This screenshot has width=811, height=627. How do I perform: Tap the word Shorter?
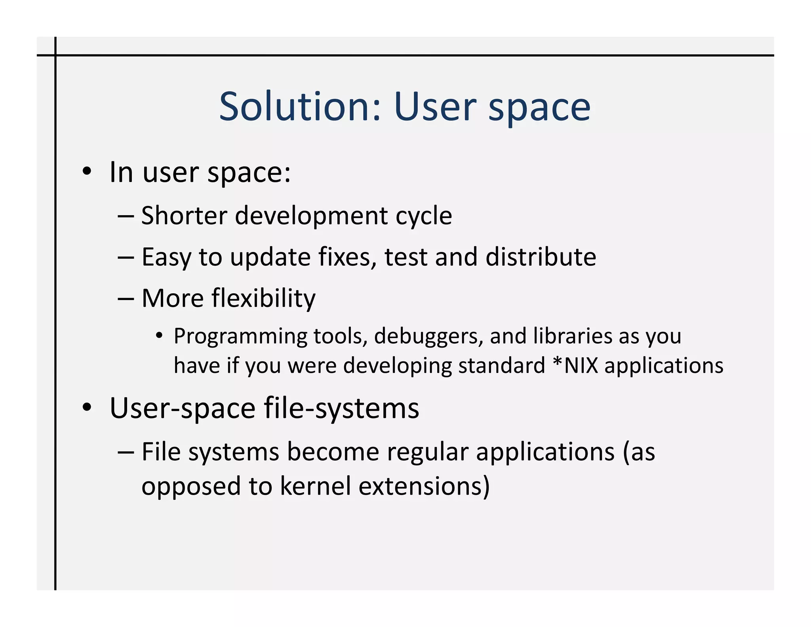[184, 216]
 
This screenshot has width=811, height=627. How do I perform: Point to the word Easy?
[166, 258]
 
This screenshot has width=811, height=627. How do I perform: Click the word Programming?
[240, 337]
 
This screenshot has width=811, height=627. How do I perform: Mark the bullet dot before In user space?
[87, 172]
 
